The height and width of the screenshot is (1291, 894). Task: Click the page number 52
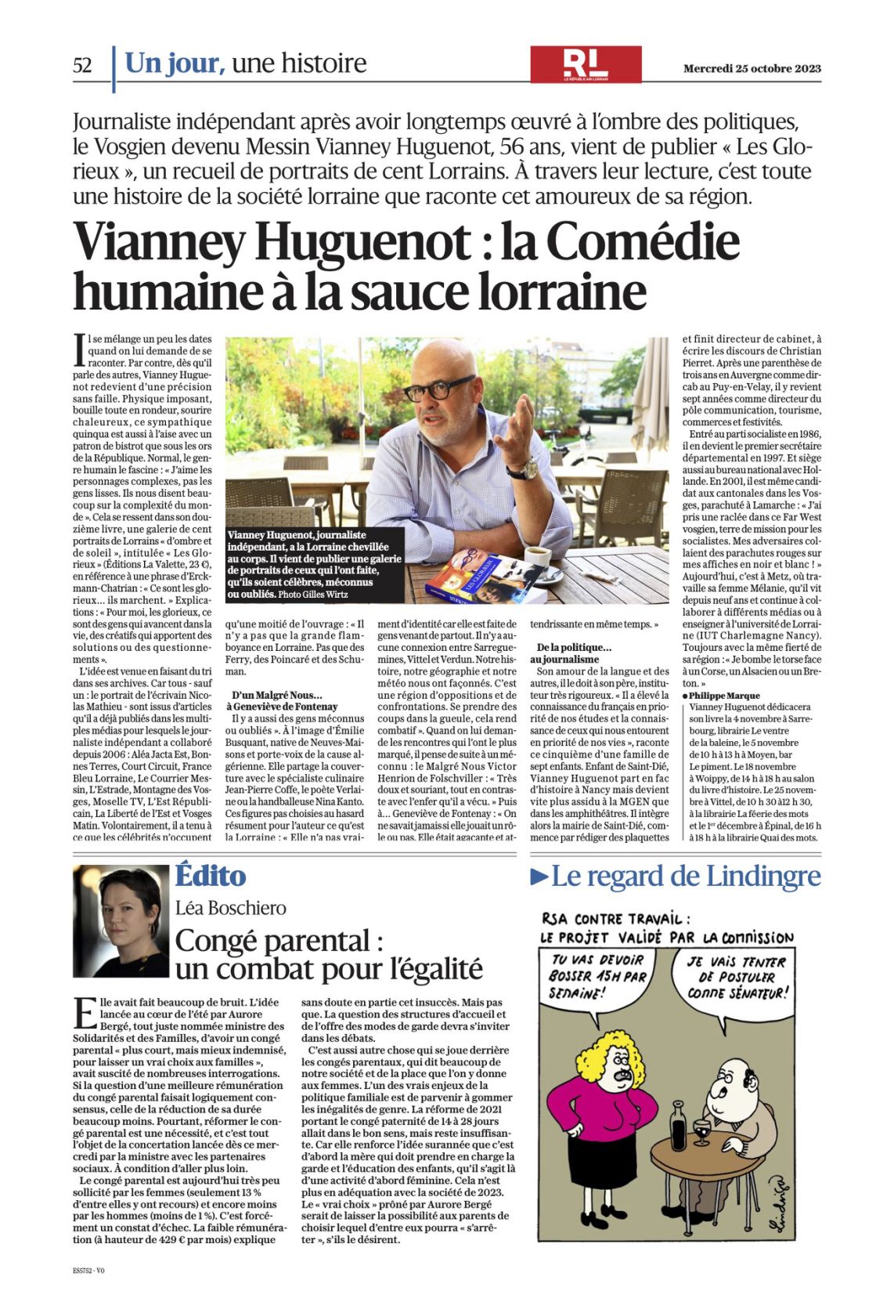[x=82, y=65]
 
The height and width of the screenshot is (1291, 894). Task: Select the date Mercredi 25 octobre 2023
[x=752, y=68]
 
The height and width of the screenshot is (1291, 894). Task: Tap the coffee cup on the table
[x=538, y=558]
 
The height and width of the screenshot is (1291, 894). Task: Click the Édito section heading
[x=210, y=875]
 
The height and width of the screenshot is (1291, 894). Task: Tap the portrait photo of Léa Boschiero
[x=121, y=920]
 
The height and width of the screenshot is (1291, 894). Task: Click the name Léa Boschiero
[x=231, y=908]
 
